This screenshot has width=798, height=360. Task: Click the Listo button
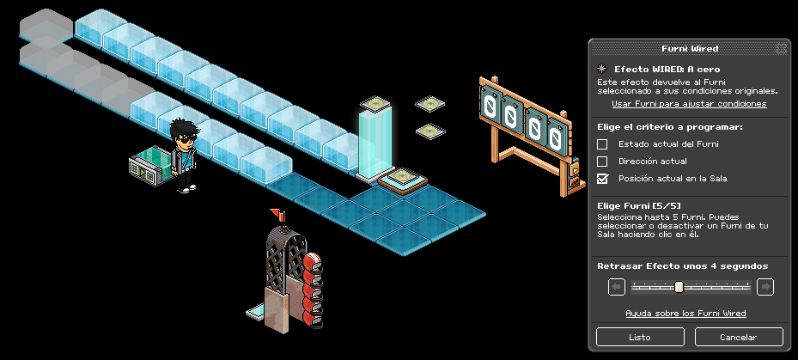click(x=639, y=337)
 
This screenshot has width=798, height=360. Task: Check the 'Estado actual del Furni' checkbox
click(x=602, y=144)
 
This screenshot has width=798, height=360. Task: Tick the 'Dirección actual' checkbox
click(x=602, y=162)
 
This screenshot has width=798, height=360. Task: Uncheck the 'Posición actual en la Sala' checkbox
click(x=602, y=179)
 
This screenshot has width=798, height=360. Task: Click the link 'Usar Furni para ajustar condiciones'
click(x=689, y=104)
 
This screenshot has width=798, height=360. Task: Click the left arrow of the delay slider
click(x=616, y=287)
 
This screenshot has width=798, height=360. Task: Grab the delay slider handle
click(x=679, y=287)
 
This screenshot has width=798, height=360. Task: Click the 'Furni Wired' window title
click(x=689, y=49)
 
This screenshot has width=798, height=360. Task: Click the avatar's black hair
click(x=183, y=129)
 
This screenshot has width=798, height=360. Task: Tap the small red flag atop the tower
click(x=277, y=213)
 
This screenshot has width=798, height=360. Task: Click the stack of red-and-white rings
click(x=313, y=288)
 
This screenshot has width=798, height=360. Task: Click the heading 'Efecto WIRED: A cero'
click(x=666, y=69)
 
